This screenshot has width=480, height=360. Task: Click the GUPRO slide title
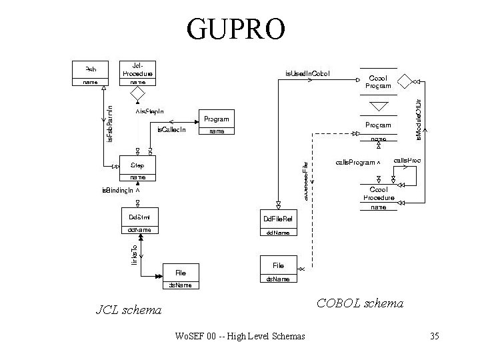(x=237, y=27)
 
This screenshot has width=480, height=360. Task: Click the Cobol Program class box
(x=378, y=81)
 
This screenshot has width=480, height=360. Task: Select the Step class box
(x=137, y=169)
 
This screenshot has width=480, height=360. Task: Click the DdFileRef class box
(x=278, y=223)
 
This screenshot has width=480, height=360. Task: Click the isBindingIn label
(x=121, y=191)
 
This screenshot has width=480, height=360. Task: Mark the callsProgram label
(x=357, y=162)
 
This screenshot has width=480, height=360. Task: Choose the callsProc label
(x=407, y=161)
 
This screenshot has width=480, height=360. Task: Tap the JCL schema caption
(x=129, y=309)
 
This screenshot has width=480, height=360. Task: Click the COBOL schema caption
(x=360, y=303)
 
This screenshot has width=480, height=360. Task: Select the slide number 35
(x=434, y=336)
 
